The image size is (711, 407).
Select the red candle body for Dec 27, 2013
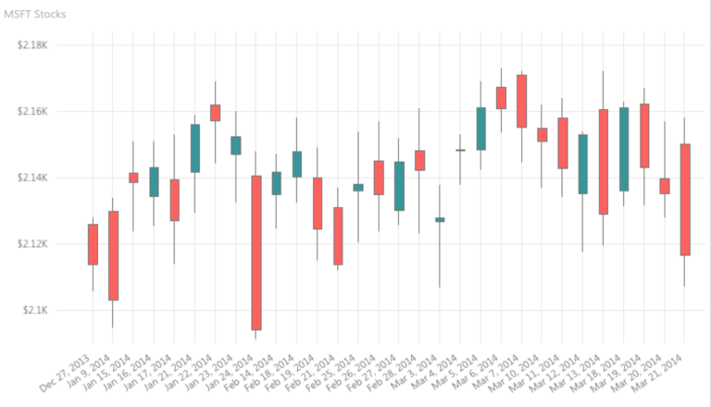pos(93,244)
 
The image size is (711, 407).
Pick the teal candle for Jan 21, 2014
pos(194,148)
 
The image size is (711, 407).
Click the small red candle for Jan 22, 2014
pos(215,113)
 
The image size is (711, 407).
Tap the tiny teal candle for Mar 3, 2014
pos(439,219)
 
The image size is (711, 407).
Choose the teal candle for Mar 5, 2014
pos(480,129)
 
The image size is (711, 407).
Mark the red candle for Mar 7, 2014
pos(521,101)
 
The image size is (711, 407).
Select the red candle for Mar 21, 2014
pos(685,200)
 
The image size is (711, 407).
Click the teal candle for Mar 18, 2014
pos(624,149)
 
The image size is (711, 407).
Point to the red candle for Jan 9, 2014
pos(113,255)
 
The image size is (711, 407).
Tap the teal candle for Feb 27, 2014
pos(399,186)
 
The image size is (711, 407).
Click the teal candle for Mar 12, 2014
pos(582,164)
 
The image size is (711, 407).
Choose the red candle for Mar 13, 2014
pos(603,162)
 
